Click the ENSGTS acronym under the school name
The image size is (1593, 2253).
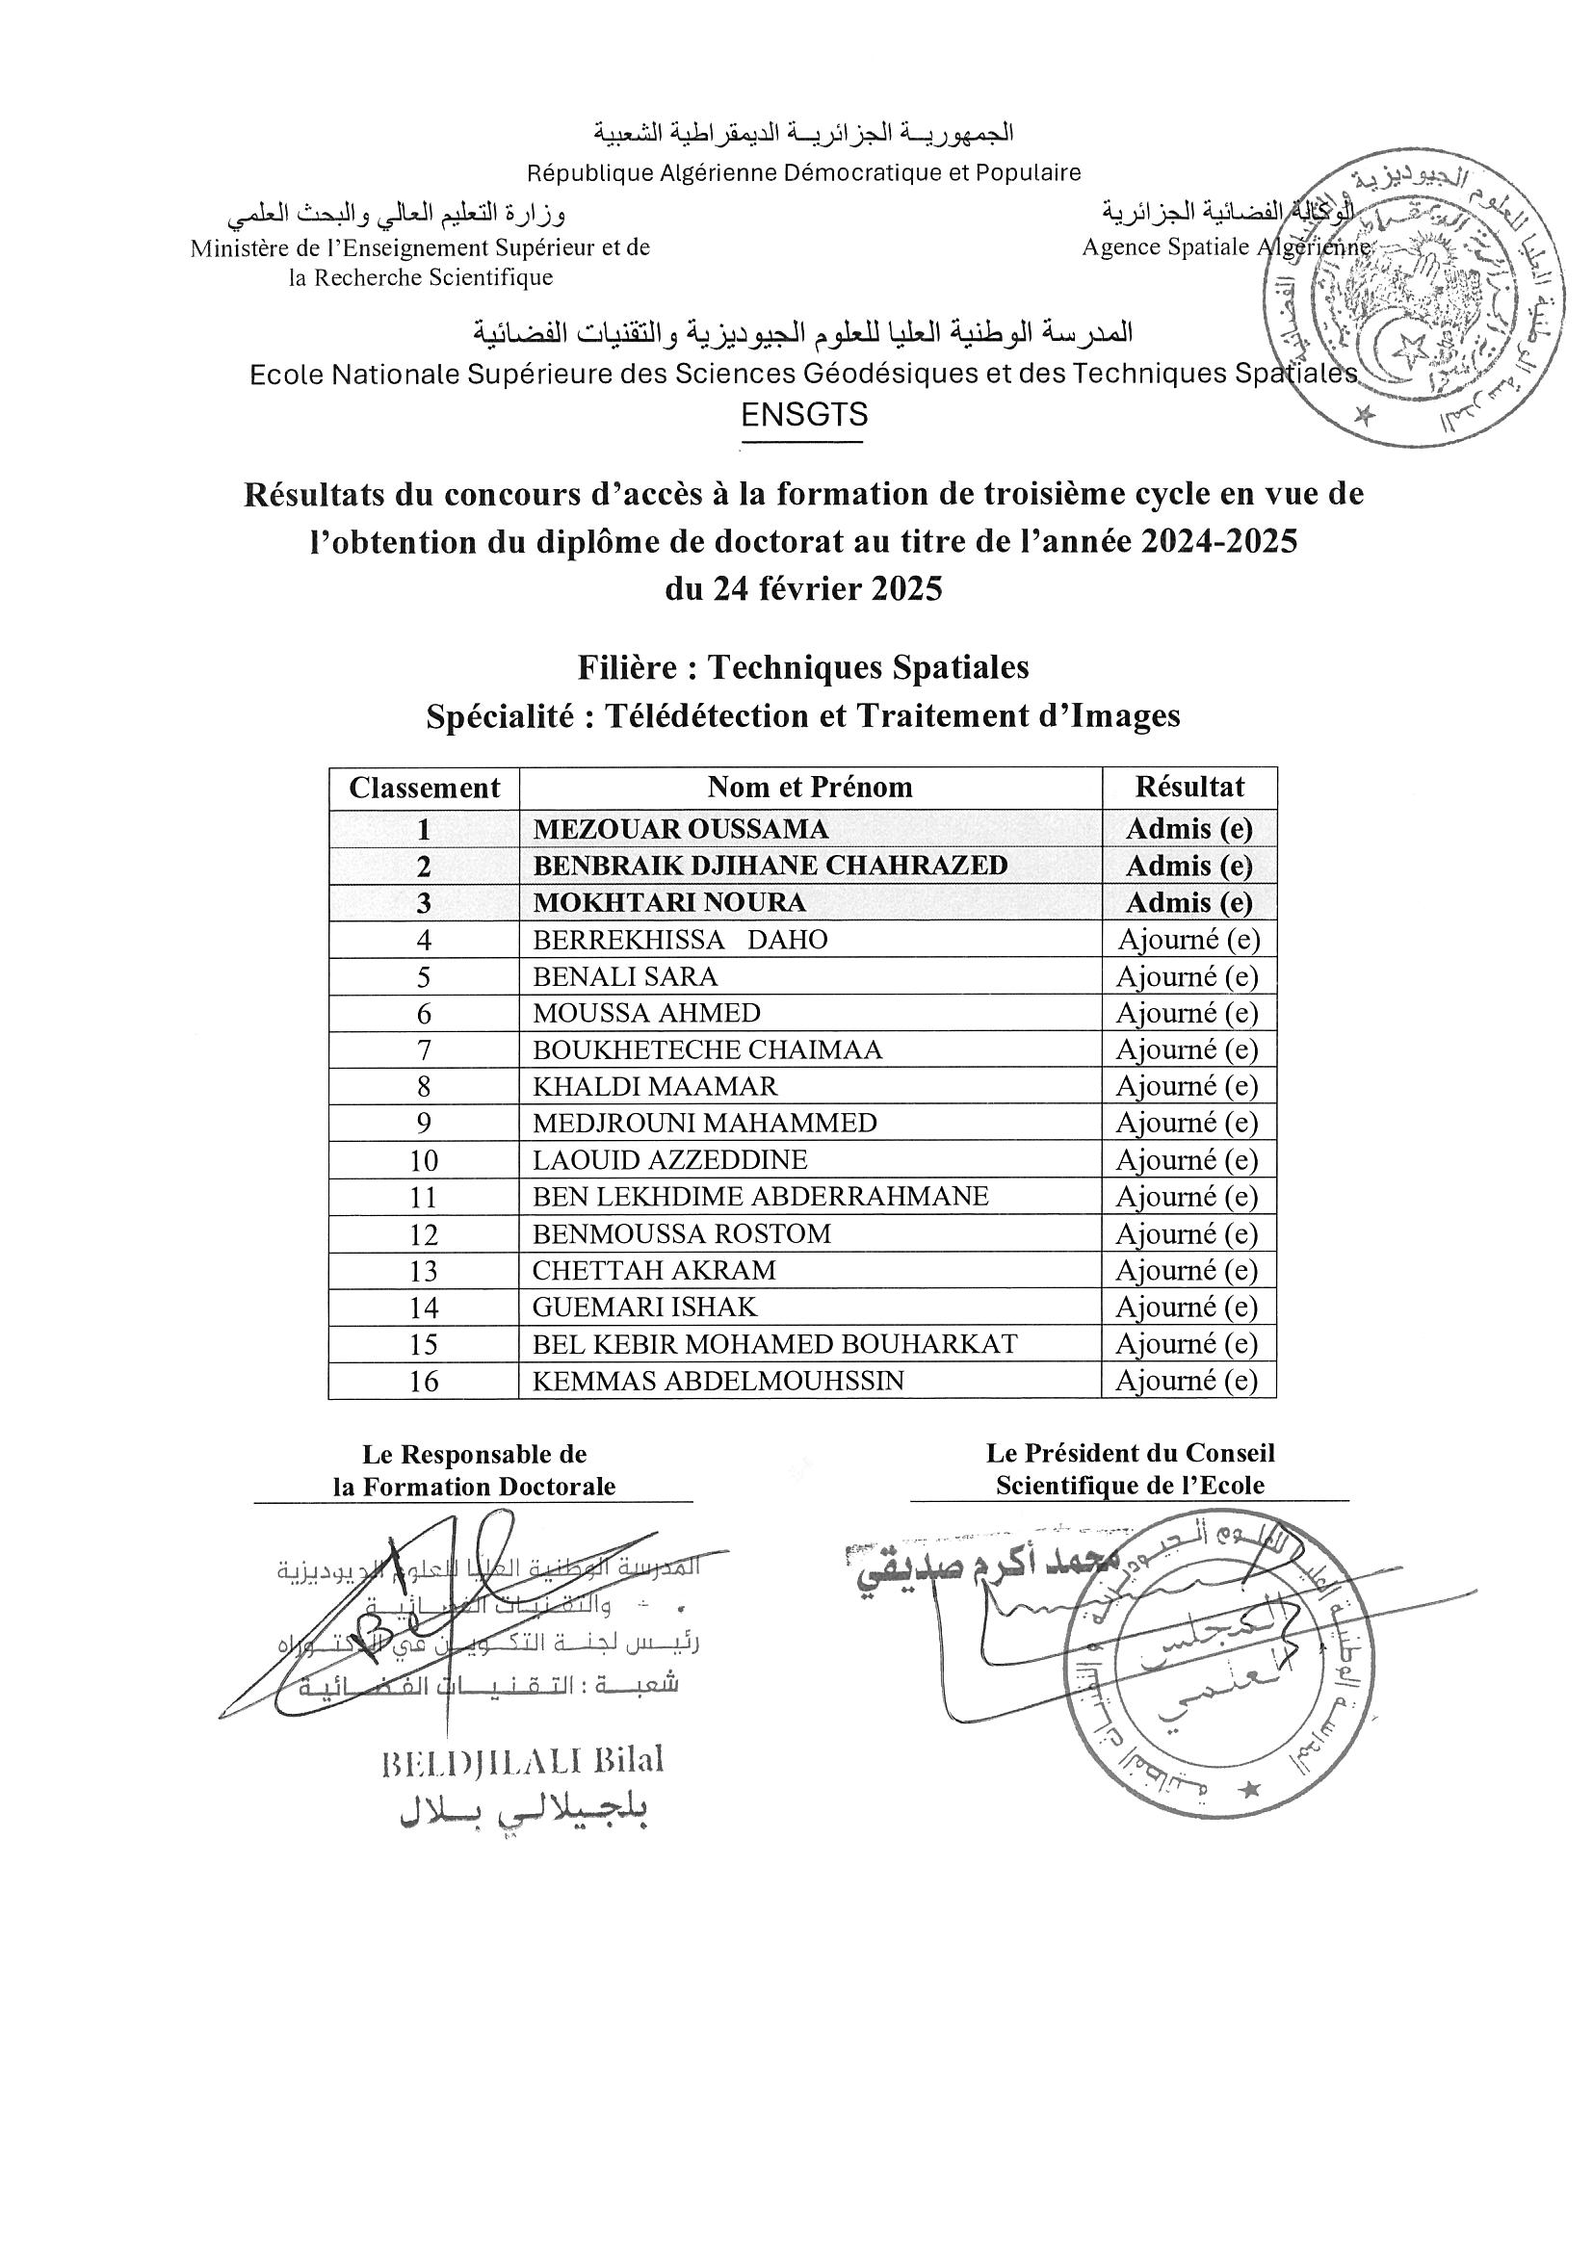(804, 415)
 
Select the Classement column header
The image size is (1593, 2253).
(424, 788)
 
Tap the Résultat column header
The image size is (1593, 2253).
(1188, 787)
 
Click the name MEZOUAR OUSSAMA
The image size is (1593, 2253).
(680, 829)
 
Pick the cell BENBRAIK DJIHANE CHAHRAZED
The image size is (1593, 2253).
(770, 866)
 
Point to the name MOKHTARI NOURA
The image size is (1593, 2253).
(668, 903)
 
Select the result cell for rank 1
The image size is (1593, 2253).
(1188, 829)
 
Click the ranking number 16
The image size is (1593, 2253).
(423, 1382)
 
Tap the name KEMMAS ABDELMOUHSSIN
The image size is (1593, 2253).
(718, 1381)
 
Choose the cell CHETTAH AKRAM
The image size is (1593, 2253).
(654, 1271)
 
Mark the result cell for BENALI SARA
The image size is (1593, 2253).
(1188, 976)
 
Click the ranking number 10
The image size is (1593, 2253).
(423, 1161)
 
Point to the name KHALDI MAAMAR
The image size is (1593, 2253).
(655, 1086)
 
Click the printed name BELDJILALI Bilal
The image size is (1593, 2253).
(521, 1761)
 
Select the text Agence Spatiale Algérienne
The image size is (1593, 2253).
(1225, 248)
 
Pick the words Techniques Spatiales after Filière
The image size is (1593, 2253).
(868, 668)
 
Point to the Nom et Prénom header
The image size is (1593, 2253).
(810, 787)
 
